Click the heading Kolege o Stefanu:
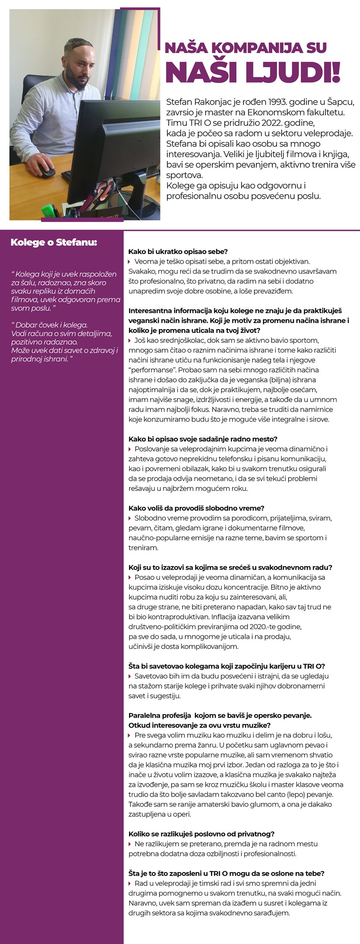[x=54, y=242]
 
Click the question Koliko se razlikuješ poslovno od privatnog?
[x=201, y=834]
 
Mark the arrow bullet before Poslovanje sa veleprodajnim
[x=130, y=449]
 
